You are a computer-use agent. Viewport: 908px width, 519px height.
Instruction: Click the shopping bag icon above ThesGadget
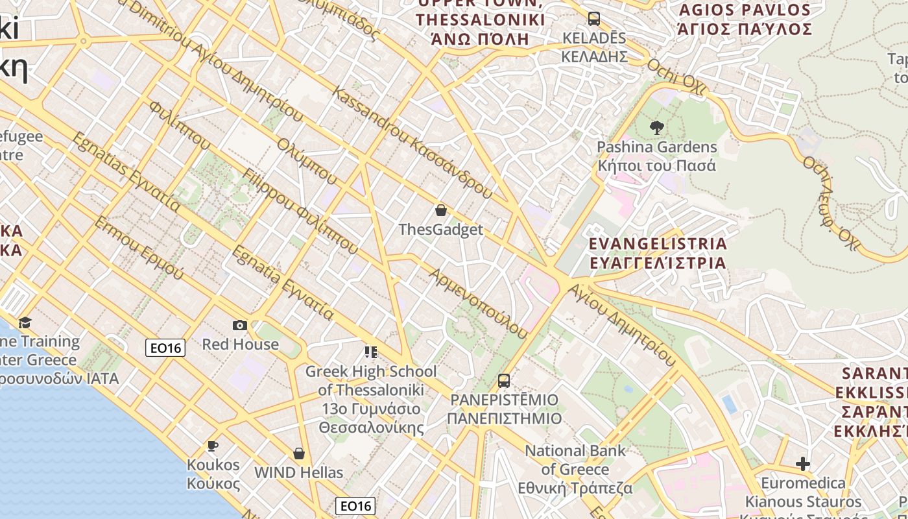441,210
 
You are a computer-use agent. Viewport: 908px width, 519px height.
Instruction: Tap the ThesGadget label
441,230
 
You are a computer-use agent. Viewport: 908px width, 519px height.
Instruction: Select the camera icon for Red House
239,325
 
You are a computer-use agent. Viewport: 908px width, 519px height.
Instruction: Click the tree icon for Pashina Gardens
656,128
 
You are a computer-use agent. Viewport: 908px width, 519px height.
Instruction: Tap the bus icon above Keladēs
593,18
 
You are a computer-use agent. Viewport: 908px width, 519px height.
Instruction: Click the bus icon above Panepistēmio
504,381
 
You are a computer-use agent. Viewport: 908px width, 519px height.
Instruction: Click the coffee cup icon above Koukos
212,446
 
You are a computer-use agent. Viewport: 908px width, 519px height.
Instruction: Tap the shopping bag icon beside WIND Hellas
299,453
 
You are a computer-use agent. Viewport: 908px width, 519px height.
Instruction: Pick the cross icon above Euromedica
803,464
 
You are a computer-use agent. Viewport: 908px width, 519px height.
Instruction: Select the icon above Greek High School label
370,352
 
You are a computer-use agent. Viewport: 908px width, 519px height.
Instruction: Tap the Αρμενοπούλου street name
479,304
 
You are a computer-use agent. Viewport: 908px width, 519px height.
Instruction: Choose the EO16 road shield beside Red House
165,348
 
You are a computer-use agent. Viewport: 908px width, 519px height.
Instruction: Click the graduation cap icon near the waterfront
25,322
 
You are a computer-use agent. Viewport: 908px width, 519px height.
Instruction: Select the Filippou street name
300,211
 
